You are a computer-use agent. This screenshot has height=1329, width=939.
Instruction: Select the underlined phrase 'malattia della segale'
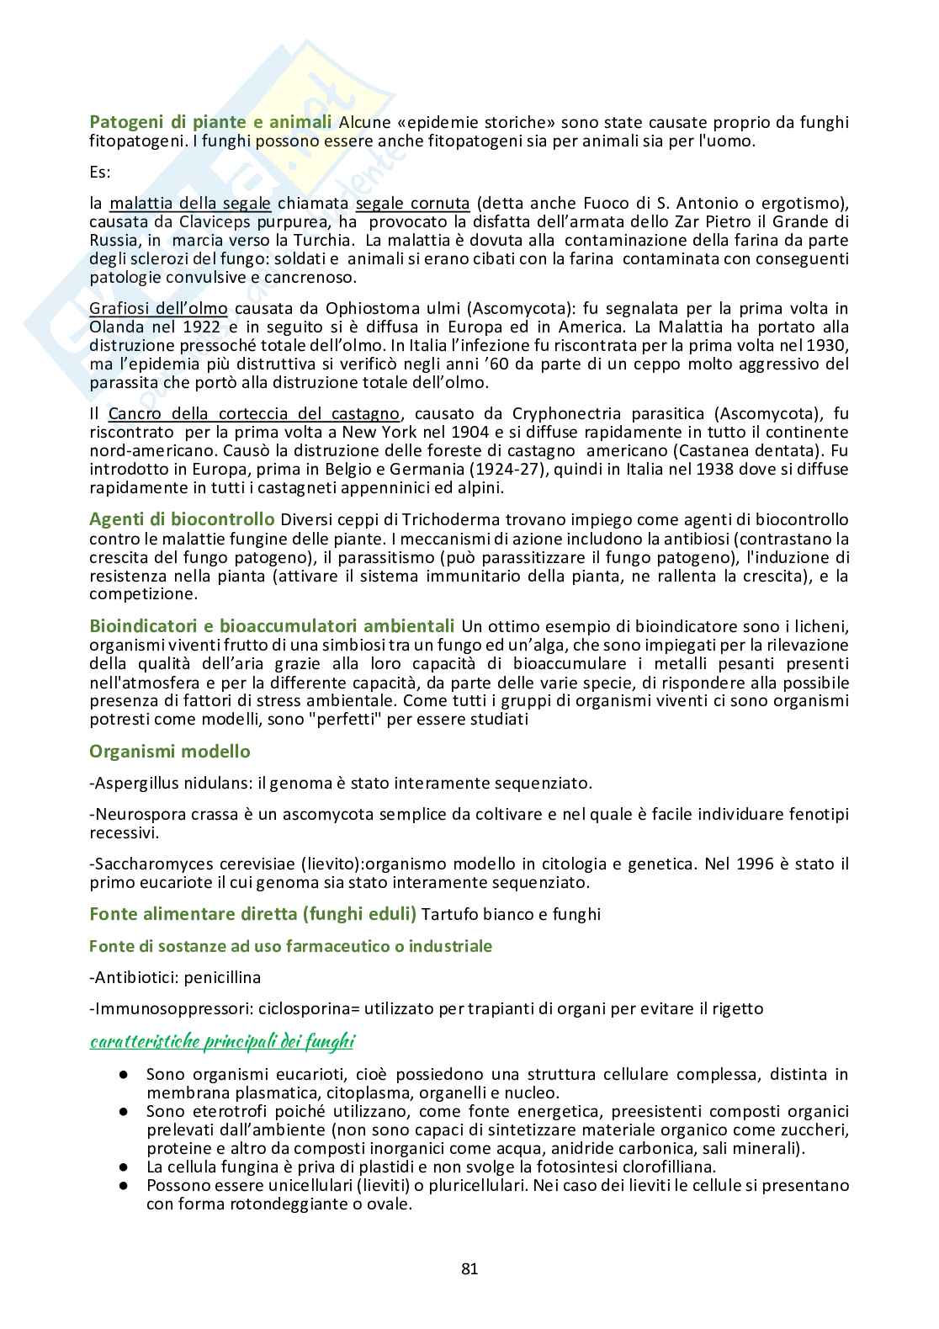click(x=190, y=203)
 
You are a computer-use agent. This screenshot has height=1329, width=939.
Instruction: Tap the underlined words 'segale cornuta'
click(x=412, y=203)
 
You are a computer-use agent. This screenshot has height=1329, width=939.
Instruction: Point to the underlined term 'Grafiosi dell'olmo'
click(x=158, y=308)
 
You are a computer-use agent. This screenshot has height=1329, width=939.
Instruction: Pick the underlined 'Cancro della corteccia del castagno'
click(x=254, y=413)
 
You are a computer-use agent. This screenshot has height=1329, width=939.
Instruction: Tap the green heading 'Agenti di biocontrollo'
click(x=182, y=518)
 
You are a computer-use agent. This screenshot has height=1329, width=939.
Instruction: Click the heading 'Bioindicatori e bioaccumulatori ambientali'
click(x=272, y=625)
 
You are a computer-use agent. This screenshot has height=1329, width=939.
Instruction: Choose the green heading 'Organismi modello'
click(x=170, y=751)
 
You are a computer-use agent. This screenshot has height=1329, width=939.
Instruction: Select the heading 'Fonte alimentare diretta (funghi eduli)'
click(x=252, y=913)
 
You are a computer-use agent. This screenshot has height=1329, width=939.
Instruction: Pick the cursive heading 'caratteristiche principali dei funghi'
click(x=222, y=1042)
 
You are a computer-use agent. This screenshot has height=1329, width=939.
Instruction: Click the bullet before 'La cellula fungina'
click(x=124, y=1167)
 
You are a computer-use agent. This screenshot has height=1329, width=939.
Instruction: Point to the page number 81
click(x=469, y=1269)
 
